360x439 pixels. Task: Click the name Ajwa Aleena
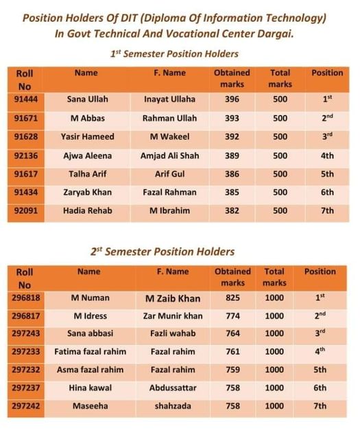[88, 156]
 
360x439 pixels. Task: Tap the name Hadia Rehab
[88, 211]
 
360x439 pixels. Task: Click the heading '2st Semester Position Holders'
[162, 252]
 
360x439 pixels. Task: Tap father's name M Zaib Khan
[173, 298]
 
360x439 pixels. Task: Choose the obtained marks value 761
[232, 352]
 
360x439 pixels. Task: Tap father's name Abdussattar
[173, 388]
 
